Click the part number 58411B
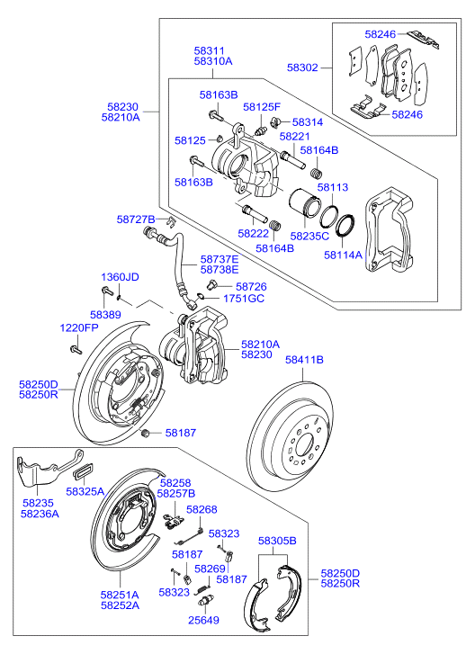point(304,360)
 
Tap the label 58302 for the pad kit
point(302,67)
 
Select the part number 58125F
point(262,107)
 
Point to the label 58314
point(308,122)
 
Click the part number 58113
point(332,187)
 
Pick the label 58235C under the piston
point(309,236)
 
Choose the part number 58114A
point(344,255)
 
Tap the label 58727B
point(136,219)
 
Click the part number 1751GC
point(244,299)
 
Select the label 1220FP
point(79,327)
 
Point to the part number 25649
point(203,620)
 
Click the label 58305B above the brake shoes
point(277,541)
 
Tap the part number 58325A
point(85,492)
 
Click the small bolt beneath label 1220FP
point(76,349)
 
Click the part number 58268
point(202,509)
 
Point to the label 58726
point(251,287)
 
